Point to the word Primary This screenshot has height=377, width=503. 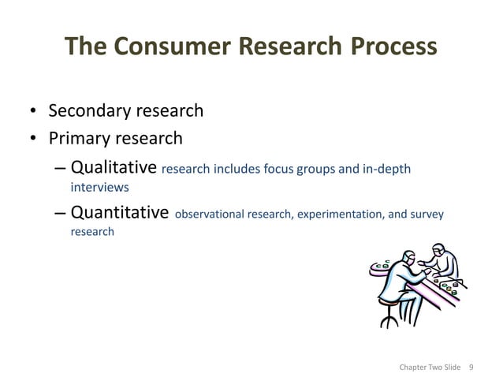click(x=83, y=139)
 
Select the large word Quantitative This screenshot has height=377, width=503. click(x=120, y=213)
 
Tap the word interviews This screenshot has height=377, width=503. click(x=99, y=188)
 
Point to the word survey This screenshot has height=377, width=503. click(x=427, y=215)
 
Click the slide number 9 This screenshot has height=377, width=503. click(x=471, y=367)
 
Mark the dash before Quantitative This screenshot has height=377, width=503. click(x=61, y=214)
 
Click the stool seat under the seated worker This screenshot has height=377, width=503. click(x=389, y=300)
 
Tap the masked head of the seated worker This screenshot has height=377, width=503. click(x=408, y=258)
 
